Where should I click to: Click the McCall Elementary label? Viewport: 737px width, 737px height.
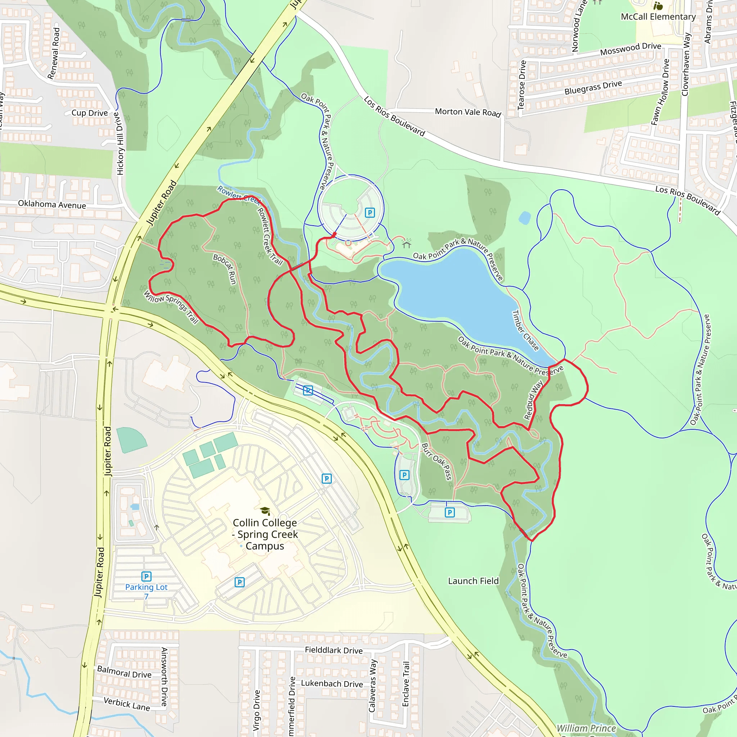tap(658, 17)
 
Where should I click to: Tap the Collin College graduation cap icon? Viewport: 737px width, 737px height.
tap(265, 511)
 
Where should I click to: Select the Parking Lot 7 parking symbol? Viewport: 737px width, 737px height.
tap(146, 576)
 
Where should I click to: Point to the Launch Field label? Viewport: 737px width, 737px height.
tap(473, 581)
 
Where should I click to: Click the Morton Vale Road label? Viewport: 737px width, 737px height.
tap(468, 112)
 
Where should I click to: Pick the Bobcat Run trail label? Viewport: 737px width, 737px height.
tap(225, 269)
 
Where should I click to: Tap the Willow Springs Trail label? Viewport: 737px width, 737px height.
tap(171, 307)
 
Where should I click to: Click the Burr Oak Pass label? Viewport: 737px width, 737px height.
tap(437, 461)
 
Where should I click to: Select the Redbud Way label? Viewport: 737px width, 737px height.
tap(533, 400)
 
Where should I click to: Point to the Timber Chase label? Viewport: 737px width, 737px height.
tap(525, 330)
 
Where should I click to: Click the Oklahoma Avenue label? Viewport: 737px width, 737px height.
tap(52, 204)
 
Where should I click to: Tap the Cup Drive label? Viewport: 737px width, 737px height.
tap(90, 113)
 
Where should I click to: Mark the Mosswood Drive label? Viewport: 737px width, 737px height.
tap(630, 49)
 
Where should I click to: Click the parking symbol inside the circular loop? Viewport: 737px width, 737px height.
tap(370, 212)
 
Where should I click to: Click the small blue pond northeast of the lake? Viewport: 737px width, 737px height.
tap(525, 218)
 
